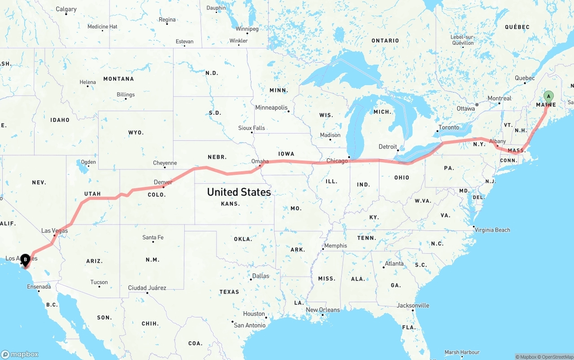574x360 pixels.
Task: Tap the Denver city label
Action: [163, 182]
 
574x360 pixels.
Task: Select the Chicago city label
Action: [337, 161]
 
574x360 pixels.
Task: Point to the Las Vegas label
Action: [55, 231]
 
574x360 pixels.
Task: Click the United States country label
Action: [239, 192]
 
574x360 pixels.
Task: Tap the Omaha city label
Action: [260, 161]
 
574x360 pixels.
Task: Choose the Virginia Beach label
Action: [492, 230]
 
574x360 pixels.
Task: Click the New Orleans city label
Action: [323, 310]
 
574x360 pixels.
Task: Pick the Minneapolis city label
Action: [271, 108]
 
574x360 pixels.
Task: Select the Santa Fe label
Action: [153, 237]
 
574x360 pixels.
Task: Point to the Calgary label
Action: [66, 9]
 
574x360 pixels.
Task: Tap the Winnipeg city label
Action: [247, 29]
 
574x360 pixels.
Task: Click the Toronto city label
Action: [449, 127]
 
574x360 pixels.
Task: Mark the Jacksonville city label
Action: [413, 306]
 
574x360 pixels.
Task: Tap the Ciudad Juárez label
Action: [147, 288]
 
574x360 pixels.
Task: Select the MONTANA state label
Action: [118, 79]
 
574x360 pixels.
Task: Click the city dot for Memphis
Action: [322, 249]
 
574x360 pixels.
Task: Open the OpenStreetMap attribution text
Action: [554, 357]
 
